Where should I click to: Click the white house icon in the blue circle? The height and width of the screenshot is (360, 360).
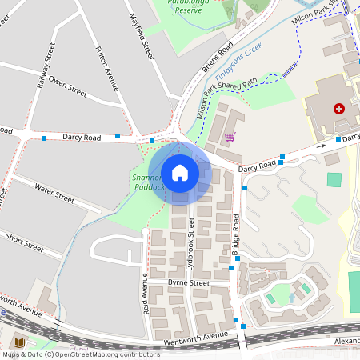click(180, 172)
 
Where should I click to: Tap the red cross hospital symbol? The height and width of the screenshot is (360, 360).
click(340, 108)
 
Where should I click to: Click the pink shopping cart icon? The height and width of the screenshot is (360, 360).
click(230, 137)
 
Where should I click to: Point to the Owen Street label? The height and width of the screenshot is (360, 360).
click(67, 86)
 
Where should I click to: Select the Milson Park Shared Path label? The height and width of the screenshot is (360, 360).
click(227, 99)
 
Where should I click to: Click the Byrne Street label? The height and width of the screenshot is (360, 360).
click(188, 283)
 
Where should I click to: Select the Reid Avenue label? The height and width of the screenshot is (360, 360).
click(145, 295)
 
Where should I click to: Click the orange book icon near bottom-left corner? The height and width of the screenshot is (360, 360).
click(19, 342)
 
